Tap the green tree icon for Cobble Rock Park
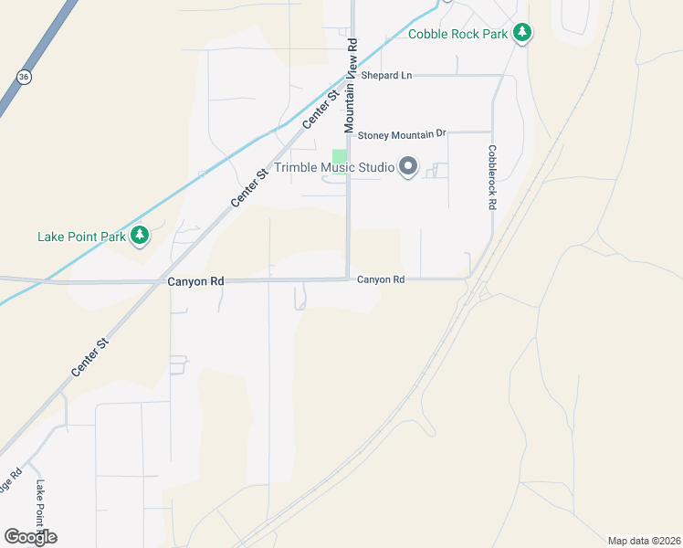(521, 34)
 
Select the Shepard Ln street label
(386, 75)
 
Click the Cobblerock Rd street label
(491, 178)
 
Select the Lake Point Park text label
(81, 237)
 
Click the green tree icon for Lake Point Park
(140, 237)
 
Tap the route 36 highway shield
(24, 78)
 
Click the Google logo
(30, 536)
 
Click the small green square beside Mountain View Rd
(339, 156)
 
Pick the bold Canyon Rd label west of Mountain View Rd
(195, 282)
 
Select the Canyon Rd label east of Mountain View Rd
(380, 279)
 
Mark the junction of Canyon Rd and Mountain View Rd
(348, 279)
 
